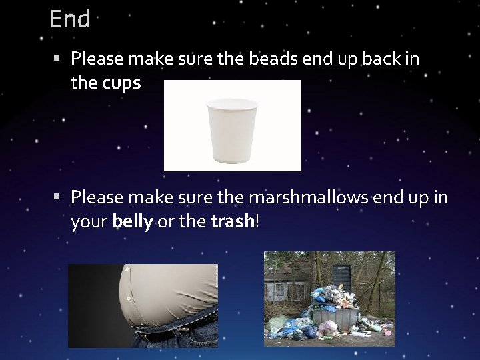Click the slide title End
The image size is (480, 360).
pos(69,19)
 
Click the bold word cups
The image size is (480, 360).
pos(121,83)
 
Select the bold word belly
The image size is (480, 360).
pos(133,221)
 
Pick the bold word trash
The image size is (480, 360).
pos(231,221)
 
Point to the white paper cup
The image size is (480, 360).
pos(232,131)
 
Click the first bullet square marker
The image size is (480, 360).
pos(59,59)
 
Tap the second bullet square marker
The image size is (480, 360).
pos(59,197)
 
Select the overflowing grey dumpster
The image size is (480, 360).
pos(333,313)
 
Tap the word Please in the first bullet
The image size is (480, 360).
pos(97,59)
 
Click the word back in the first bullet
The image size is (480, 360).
pos(381,59)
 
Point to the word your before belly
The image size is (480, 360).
pos(89,221)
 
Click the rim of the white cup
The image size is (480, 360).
pos(232,103)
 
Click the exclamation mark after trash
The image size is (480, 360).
pos(256,221)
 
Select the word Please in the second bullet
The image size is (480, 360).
pos(97,197)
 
